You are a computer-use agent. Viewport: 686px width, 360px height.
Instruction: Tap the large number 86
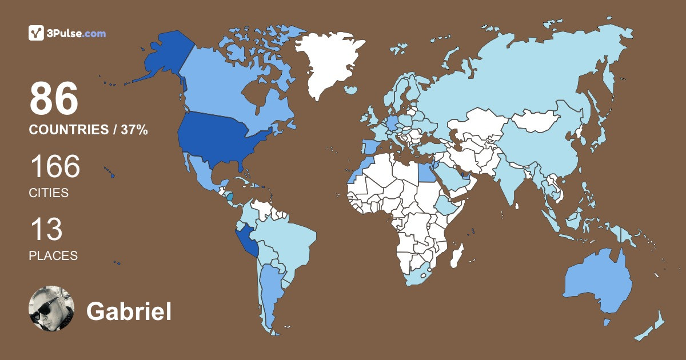(54, 99)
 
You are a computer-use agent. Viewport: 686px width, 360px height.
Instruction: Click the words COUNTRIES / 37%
(89, 130)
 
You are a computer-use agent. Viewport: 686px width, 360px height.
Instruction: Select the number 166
(55, 167)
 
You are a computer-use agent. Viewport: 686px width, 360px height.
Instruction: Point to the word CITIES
(49, 193)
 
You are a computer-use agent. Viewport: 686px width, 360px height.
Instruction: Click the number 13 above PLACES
(46, 230)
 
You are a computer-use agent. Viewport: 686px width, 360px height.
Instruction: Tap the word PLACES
(53, 255)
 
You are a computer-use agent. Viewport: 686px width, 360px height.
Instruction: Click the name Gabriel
(129, 311)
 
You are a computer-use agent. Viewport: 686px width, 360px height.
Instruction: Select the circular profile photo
(51, 309)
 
